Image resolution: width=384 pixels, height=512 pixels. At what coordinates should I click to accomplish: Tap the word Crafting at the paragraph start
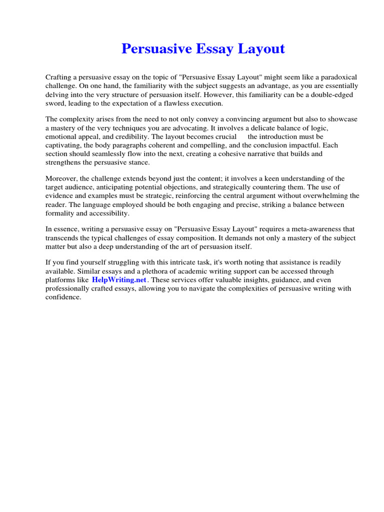coord(59,77)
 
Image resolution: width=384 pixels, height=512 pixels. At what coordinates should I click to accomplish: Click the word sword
coord(55,103)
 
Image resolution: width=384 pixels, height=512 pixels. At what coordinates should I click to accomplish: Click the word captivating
coord(62,145)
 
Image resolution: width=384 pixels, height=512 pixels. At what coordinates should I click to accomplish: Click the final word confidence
coord(63,296)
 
